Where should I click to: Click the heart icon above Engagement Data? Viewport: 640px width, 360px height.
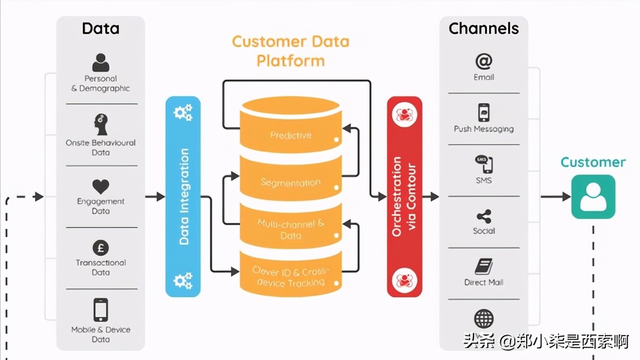click(x=100, y=186)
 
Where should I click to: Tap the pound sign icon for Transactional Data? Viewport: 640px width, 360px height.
click(x=100, y=248)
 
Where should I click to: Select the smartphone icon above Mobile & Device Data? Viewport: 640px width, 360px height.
click(x=100, y=310)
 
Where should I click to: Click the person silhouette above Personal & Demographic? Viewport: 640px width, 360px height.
click(x=100, y=63)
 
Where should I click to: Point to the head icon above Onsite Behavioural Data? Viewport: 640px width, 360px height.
click(x=100, y=125)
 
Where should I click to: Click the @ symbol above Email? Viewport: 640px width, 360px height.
click(x=484, y=61)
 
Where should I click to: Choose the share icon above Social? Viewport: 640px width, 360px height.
click(x=484, y=216)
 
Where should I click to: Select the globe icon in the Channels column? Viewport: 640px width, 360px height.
click(x=484, y=319)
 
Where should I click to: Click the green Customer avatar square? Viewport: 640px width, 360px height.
click(x=593, y=197)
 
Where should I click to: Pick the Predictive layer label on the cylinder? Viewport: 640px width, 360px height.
click(x=291, y=135)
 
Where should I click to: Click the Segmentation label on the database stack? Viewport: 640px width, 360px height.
click(x=291, y=182)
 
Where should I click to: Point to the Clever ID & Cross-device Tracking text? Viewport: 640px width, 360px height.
click(x=291, y=277)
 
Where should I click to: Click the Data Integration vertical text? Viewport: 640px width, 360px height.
click(x=184, y=196)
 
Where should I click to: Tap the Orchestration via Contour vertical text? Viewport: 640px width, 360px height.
click(x=404, y=196)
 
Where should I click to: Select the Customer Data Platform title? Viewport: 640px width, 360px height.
click(x=291, y=51)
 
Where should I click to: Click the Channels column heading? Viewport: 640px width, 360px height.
click(x=484, y=29)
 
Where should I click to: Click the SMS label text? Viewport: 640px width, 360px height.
click(x=484, y=180)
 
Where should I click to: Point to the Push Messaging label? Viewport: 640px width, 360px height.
click(x=484, y=129)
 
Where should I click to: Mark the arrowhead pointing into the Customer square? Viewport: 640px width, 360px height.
click(x=566, y=197)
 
